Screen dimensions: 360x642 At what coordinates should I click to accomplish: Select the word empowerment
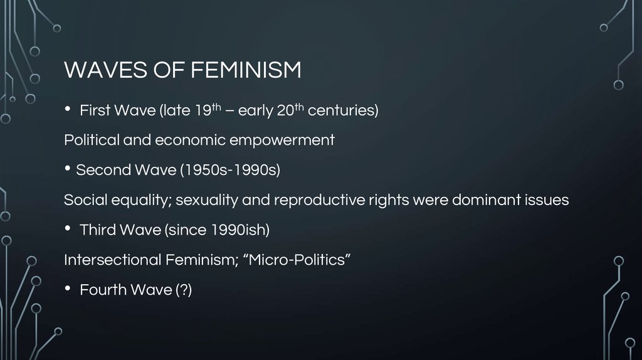tap(282, 140)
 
